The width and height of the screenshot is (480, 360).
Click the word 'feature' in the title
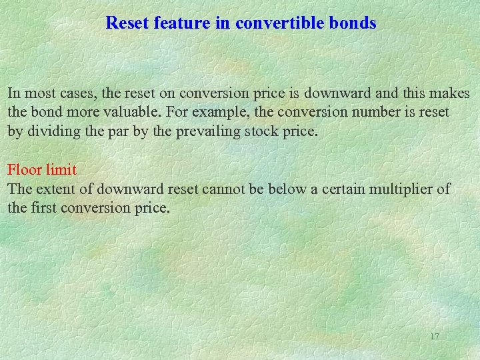tap(179, 23)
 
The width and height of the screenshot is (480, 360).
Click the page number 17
tap(434, 337)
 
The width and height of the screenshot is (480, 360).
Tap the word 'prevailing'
tap(206, 131)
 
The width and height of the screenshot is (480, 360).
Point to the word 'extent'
tap(57, 189)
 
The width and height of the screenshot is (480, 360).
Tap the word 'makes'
tap(451, 93)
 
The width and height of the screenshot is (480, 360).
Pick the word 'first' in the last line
tap(44, 208)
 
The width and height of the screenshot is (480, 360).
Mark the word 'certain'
tap(346, 189)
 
